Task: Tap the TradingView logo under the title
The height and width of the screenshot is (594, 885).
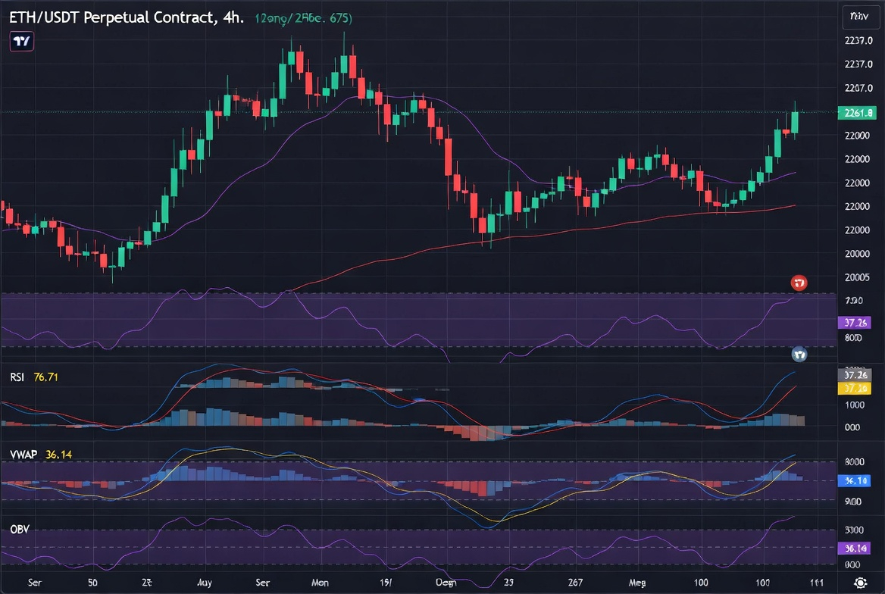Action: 21,42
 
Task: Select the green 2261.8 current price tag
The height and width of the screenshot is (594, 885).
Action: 857,113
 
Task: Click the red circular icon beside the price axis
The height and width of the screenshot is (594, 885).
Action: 799,283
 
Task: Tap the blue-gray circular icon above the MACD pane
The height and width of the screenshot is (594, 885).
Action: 799,354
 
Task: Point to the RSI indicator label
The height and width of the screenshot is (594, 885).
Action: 19,376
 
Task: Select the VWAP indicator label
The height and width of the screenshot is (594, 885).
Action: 23,455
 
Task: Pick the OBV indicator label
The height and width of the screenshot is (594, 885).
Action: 20,528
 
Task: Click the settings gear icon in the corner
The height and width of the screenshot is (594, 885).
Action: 861,583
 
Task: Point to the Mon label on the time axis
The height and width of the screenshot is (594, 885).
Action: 321,583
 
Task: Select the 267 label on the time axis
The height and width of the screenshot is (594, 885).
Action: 574,583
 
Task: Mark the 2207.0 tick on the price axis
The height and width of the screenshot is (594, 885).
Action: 858,88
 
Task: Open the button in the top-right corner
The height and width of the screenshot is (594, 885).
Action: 859,16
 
